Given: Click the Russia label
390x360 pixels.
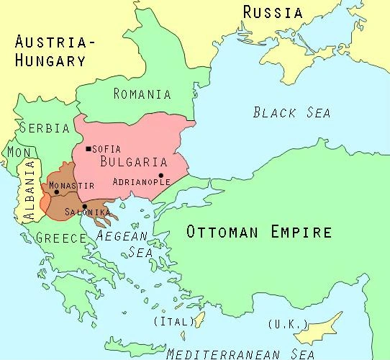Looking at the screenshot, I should (x=272, y=12).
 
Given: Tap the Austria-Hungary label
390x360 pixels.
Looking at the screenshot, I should (x=55, y=51).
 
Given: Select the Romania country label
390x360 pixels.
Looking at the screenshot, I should (x=142, y=94).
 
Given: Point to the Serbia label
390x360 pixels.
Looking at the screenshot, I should (x=45, y=128).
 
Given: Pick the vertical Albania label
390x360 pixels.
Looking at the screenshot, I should (x=29, y=190).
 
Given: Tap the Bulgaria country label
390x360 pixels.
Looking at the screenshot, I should (x=135, y=161).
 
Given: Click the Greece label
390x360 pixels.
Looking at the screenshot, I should (x=62, y=238).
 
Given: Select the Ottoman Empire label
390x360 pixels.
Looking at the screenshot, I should (x=259, y=232).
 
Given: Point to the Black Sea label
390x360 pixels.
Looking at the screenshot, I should (x=291, y=112).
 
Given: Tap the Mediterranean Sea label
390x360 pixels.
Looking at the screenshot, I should (x=240, y=354).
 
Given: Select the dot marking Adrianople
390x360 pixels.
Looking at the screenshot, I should (x=161, y=175).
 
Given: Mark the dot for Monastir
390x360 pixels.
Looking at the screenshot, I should (x=56, y=192).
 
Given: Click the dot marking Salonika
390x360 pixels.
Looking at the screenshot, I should (x=84, y=207).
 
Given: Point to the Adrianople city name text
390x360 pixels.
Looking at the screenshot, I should (x=141, y=182).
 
